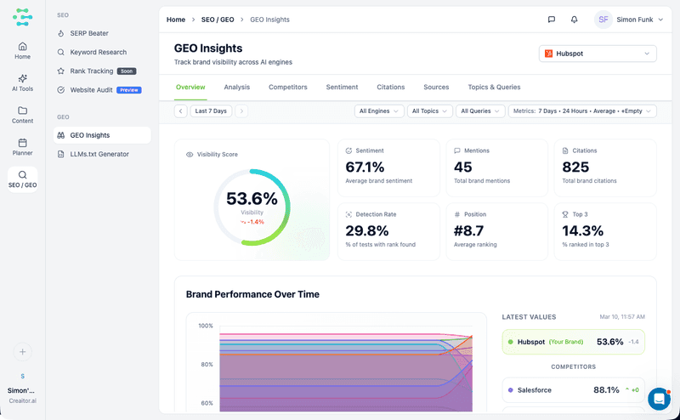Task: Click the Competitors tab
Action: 288,87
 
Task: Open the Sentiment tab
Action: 342,87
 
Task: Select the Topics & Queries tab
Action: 494,87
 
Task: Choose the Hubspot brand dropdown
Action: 598,54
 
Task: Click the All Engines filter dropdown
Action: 379,111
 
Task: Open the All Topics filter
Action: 430,111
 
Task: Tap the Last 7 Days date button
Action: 211,111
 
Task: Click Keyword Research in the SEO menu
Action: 98,52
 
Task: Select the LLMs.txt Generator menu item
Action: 99,154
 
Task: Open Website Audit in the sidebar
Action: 90,89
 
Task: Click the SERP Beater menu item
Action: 88,33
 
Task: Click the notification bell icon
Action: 575,20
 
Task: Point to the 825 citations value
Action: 575,167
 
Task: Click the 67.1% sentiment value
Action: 365,167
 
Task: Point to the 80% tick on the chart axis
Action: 206,365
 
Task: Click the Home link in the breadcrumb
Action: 176,20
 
